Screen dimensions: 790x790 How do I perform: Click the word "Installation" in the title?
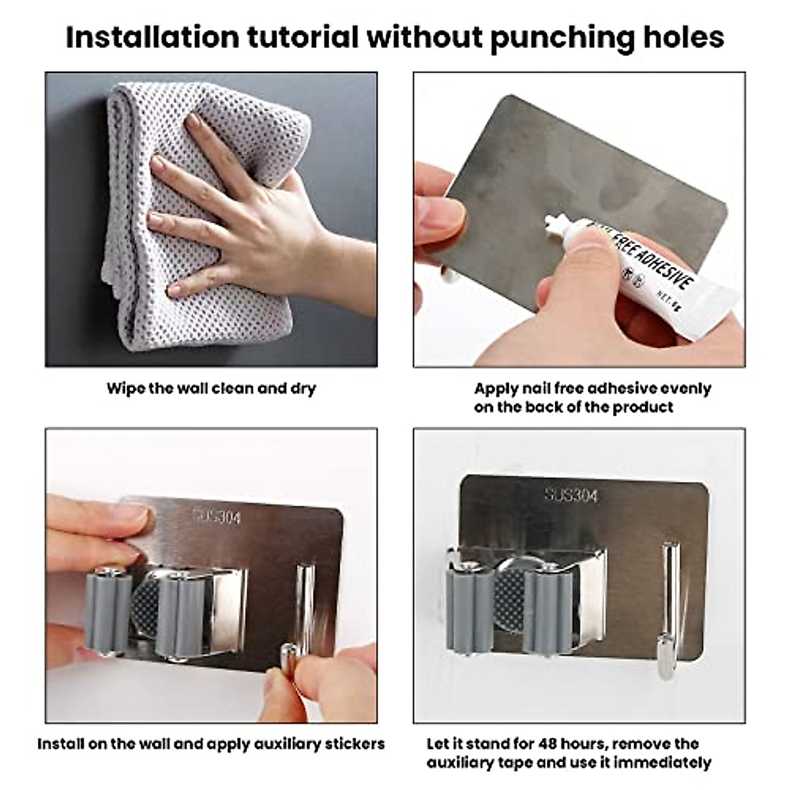(153, 38)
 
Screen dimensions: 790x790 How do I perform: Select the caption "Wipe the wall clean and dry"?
(211, 388)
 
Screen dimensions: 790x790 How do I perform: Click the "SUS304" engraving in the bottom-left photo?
(217, 517)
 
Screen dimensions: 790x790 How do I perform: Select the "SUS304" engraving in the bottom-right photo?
(571, 496)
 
